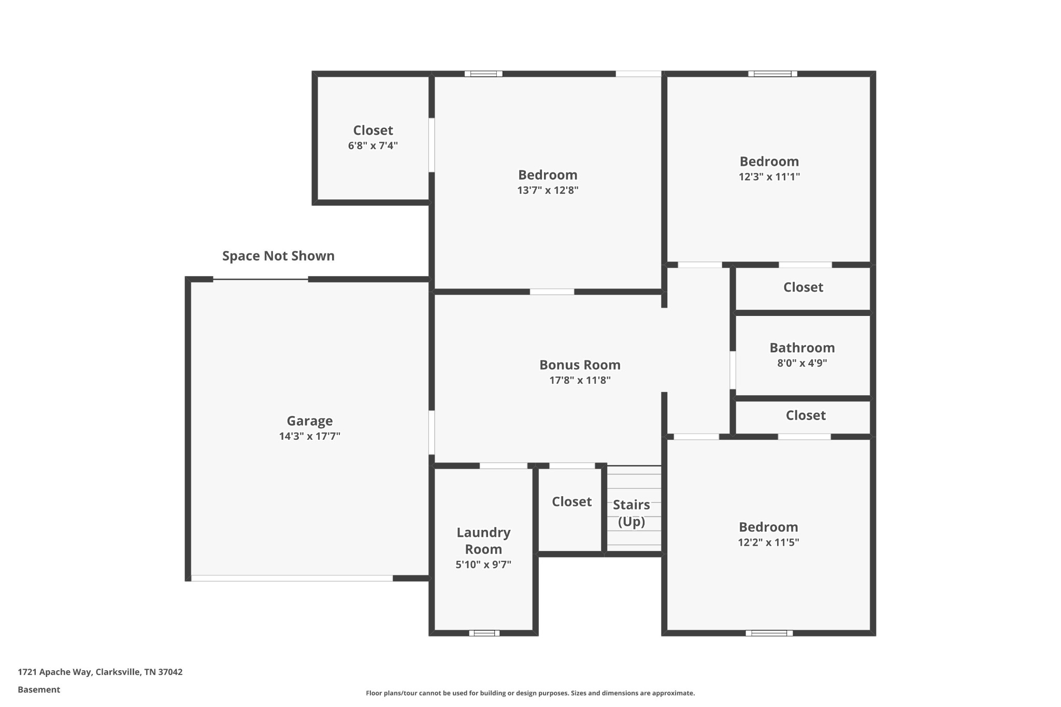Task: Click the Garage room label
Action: pos(310,421)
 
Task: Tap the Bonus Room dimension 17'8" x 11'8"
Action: pos(580,380)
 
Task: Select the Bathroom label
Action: pos(802,348)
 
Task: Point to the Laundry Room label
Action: pos(483,541)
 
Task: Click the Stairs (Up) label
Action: pos(632,513)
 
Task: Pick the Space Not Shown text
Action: pos(278,256)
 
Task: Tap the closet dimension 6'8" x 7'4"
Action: pos(373,146)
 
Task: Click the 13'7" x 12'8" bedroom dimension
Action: pos(548,190)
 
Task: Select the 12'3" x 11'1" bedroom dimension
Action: pos(769,177)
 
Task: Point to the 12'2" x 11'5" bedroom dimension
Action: pos(769,542)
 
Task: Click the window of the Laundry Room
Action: pos(484,633)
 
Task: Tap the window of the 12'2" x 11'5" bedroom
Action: pos(769,633)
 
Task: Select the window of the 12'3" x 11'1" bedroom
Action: pos(772,74)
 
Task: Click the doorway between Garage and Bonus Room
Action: pos(432,432)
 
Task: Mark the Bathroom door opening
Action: pos(733,370)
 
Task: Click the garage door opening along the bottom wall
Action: pos(292,578)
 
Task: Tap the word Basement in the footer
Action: pos(39,689)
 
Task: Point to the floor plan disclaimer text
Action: pos(530,693)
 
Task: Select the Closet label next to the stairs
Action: pos(571,501)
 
